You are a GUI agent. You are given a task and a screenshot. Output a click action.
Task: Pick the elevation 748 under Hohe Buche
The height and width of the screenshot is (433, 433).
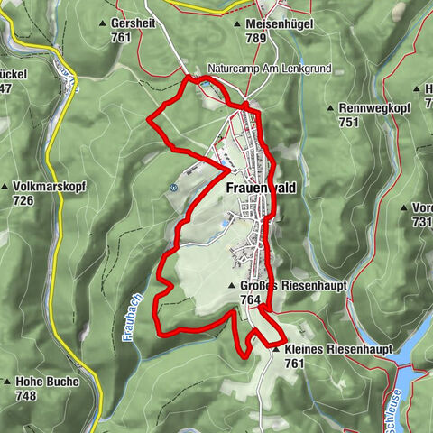[x=25, y=395]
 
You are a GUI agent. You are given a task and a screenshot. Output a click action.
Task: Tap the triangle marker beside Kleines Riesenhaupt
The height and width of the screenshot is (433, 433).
[x=276, y=349]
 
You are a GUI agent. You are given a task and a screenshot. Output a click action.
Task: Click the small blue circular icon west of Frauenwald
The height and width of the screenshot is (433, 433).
[x=172, y=188]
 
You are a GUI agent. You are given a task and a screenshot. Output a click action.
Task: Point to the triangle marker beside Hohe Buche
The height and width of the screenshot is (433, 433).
[x=7, y=382]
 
